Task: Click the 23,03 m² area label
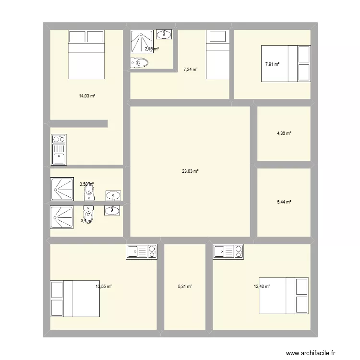(190, 171)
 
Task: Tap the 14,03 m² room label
(87, 96)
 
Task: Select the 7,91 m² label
(272, 64)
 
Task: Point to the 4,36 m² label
(284, 133)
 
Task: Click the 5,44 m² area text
(284, 202)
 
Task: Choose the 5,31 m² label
(185, 287)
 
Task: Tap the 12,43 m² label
(262, 287)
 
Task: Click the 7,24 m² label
(191, 70)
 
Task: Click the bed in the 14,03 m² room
(86, 54)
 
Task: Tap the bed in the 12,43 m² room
(284, 295)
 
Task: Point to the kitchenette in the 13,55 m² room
(142, 252)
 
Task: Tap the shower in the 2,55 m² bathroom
(142, 41)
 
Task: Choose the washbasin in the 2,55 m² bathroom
(165, 34)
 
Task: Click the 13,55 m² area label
(104, 287)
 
